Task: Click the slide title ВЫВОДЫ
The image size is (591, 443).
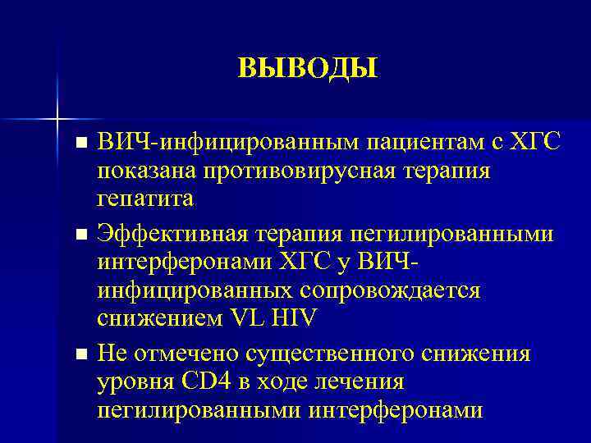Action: (308, 68)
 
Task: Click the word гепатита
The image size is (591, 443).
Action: (145, 199)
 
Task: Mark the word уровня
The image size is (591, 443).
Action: (135, 382)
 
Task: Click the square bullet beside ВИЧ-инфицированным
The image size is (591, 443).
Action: (80, 144)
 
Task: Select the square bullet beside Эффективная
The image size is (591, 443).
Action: (80, 235)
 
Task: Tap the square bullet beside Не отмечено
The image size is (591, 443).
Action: (80, 355)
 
